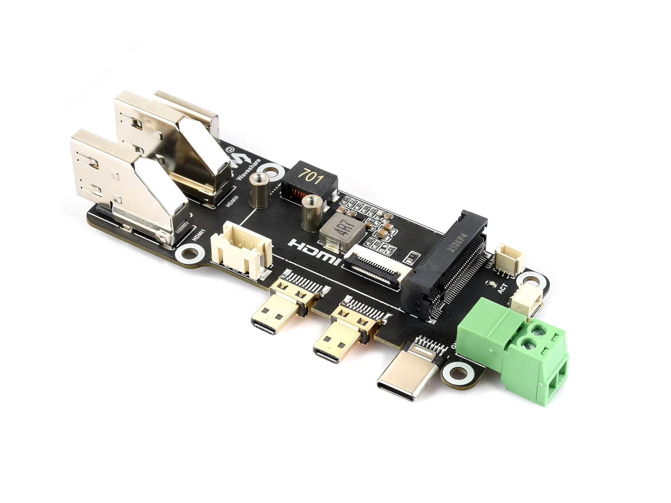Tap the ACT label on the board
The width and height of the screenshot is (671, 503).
pyautogui.click(x=503, y=288)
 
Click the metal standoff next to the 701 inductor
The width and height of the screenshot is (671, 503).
pyautogui.click(x=257, y=191)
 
